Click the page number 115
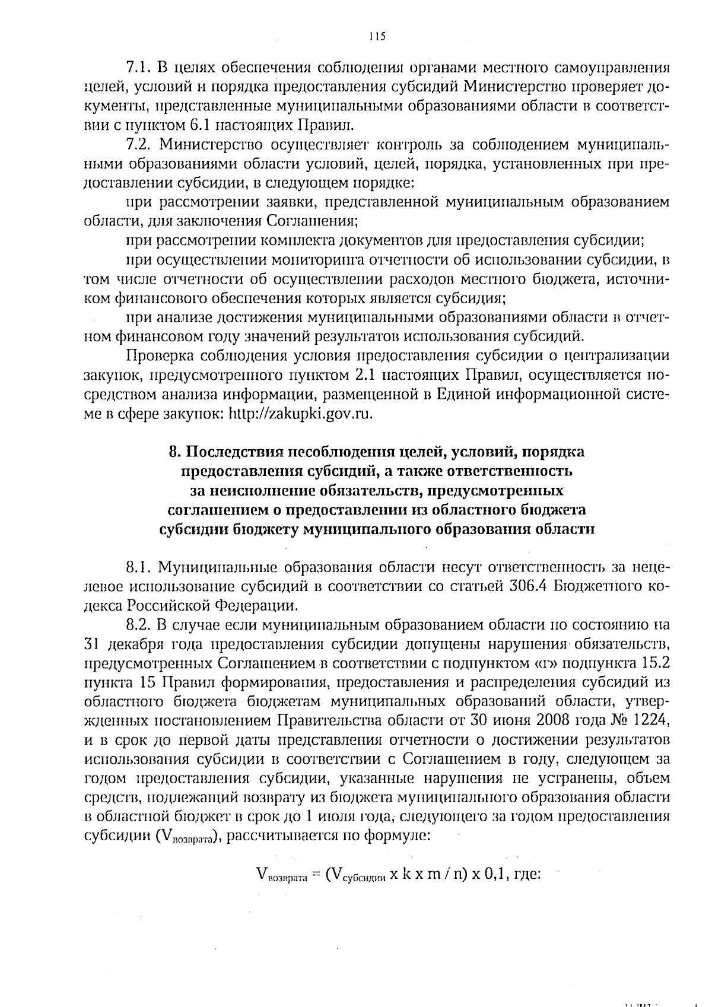tap(376, 37)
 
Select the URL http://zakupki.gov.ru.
tap(301, 414)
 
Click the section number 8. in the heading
tap(174, 452)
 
